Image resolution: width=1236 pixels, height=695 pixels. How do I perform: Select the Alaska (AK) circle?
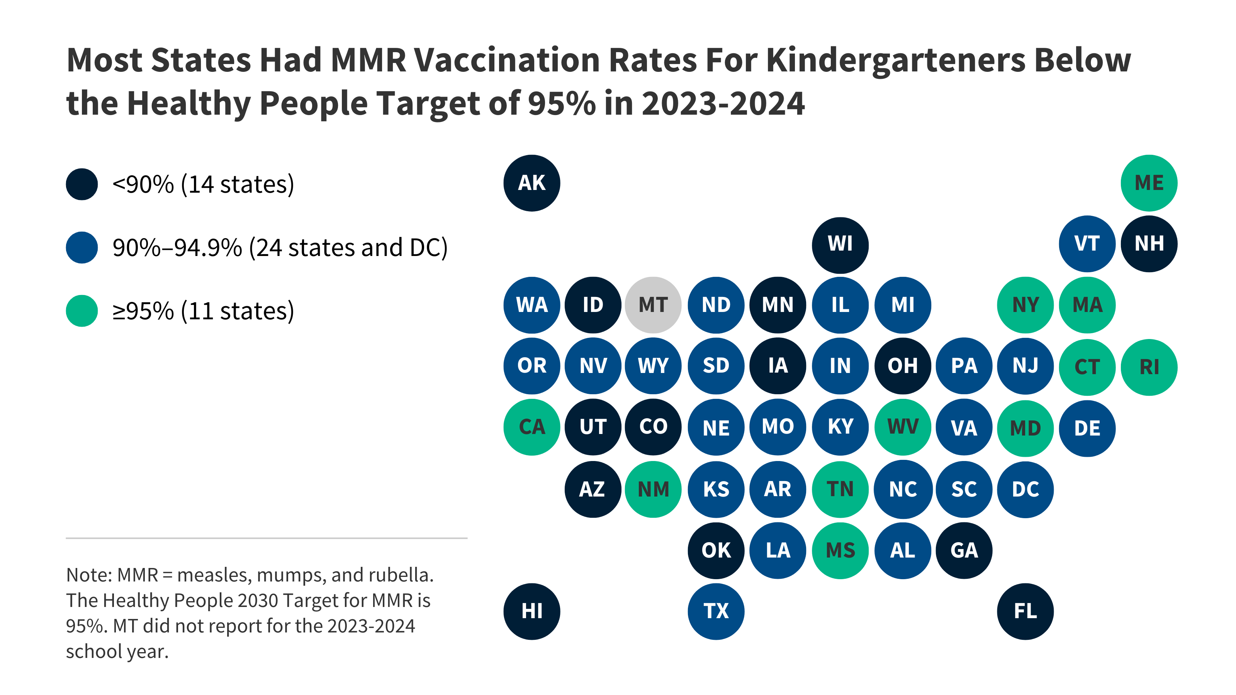click(531, 183)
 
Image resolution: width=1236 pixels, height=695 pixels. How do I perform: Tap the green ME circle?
click(1149, 183)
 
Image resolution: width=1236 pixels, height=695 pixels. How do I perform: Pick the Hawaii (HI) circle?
click(531, 611)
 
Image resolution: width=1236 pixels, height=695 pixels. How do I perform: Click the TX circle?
click(716, 611)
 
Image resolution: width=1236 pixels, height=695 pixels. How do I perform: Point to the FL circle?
click(1025, 611)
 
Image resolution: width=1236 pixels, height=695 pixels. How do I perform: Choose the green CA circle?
click(531, 427)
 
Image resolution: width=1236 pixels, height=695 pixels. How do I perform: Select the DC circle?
click(1025, 489)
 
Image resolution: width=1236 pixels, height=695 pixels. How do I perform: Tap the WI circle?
click(840, 245)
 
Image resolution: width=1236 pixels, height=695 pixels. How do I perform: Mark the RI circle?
click(1149, 367)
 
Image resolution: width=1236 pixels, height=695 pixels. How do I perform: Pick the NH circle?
click(1149, 244)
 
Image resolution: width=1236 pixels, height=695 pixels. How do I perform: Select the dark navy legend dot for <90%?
click(81, 184)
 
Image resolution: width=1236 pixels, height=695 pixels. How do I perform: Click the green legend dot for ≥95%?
click(81, 311)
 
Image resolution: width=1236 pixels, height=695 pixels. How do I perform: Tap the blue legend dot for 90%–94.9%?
click(81, 247)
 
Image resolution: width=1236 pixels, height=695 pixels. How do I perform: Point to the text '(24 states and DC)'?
click(348, 248)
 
